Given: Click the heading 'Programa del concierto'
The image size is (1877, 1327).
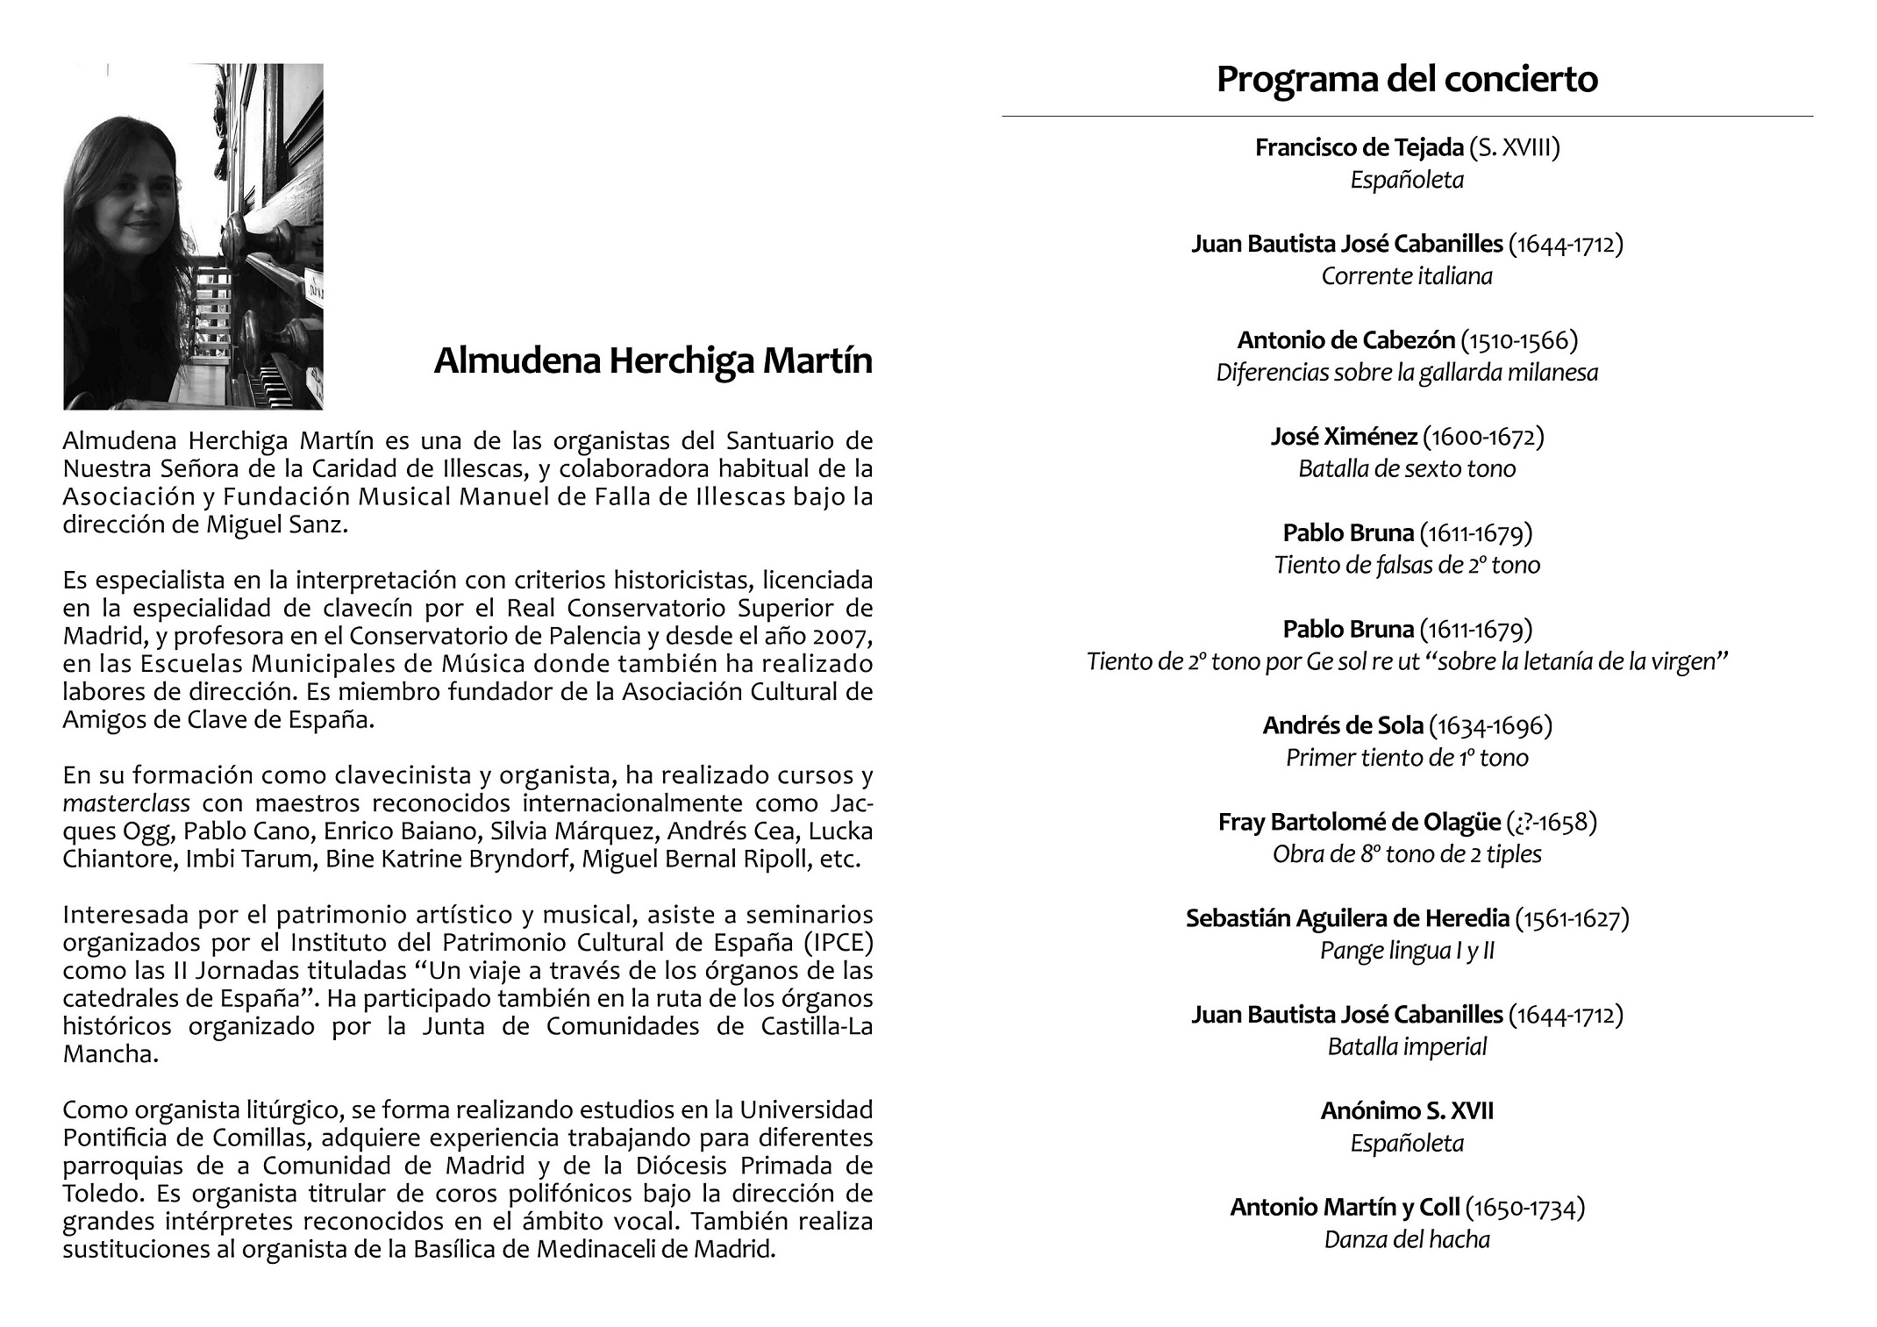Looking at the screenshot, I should (1406, 79).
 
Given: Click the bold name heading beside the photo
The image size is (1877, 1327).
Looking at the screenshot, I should (653, 361).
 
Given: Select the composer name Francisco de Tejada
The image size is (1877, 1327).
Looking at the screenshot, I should (1360, 147).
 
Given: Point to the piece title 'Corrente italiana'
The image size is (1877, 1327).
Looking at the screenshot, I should (1407, 276).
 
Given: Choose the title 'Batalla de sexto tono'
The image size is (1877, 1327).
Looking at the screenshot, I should (1407, 469).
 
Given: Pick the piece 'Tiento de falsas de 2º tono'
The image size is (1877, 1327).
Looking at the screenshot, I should (1407, 566).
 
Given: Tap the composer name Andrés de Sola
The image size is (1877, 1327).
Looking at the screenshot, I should (1342, 726).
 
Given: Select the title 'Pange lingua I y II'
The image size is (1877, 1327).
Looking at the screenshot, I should (1407, 951).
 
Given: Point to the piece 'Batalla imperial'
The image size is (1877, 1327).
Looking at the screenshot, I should (1407, 1047).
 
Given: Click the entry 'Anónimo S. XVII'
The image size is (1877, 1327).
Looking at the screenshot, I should (1407, 1111).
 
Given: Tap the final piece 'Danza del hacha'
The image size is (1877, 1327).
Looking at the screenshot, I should (1407, 1240).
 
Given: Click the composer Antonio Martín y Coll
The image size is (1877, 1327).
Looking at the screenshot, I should (1345, 1208).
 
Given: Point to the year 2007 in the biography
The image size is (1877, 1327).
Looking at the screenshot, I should (842, 636).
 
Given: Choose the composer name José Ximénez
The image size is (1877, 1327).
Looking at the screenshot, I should (1343, 437).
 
